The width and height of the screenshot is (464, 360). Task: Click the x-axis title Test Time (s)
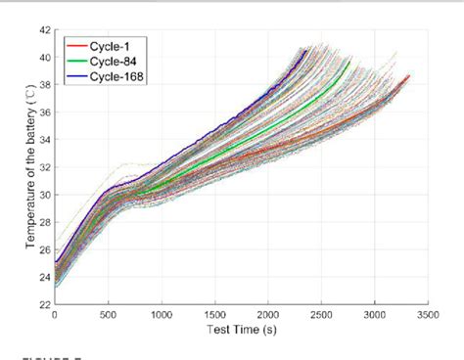point(241,330)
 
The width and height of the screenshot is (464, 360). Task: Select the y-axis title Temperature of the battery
point(31,166)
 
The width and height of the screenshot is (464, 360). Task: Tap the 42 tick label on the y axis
point(44,30)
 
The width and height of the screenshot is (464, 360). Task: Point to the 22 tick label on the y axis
point(44,304)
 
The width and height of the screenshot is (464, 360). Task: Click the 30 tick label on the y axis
point(44,195)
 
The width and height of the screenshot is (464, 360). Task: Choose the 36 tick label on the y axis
point(44,112)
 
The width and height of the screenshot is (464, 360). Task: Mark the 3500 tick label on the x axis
point(429,315)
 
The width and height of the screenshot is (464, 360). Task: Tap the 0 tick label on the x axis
point(54,315)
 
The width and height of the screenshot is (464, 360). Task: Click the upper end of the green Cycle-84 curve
point(349,61)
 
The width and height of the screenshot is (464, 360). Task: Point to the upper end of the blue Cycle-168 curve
point(306,50)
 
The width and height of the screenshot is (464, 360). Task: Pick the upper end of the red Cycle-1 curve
point(408,75)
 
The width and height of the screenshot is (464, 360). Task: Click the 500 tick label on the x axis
point(108,315)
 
